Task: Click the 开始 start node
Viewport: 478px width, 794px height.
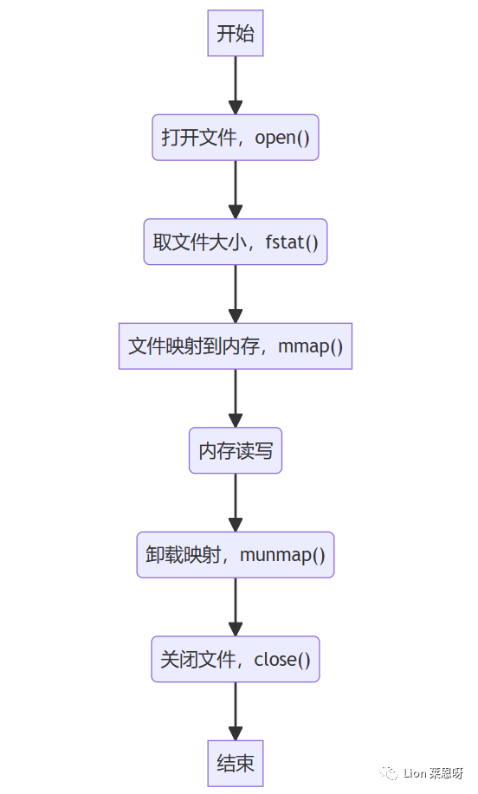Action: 236,34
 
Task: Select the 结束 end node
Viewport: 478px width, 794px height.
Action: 236,763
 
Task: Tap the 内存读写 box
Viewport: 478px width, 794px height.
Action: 236,450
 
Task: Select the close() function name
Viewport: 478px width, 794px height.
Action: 282,659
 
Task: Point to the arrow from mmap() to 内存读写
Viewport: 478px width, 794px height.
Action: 236,397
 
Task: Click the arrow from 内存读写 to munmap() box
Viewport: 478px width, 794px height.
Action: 236,502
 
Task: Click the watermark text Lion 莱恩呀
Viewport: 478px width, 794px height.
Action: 434,773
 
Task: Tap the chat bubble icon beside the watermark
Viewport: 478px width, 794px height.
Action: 391,772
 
